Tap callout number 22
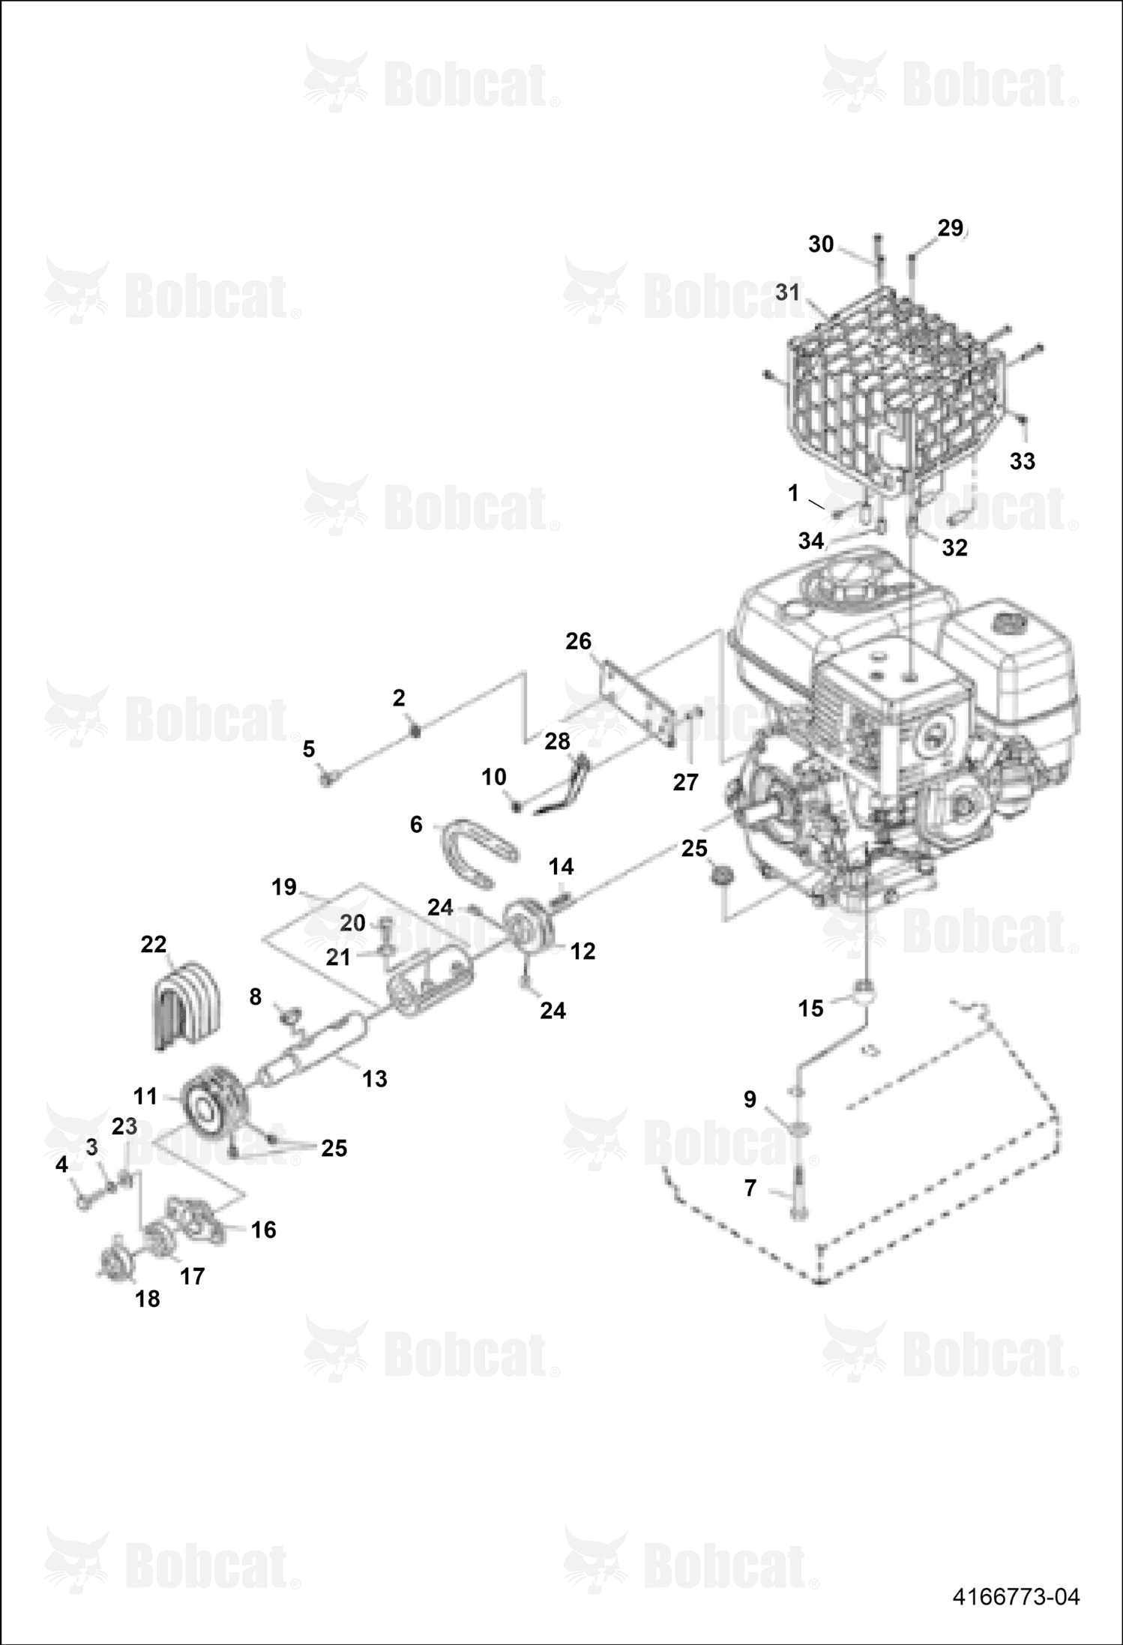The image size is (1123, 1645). pos(153,944)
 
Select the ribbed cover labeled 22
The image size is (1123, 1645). pos(187,1005)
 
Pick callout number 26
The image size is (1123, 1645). pos(578,641)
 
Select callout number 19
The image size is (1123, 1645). pos(284,887)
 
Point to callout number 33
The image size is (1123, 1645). pos(1022,461)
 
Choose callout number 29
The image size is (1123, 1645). pos(950,228)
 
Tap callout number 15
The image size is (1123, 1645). pos(810,1008)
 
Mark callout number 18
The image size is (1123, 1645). pos(147,1299)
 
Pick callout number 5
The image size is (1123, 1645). pos(308,749)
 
